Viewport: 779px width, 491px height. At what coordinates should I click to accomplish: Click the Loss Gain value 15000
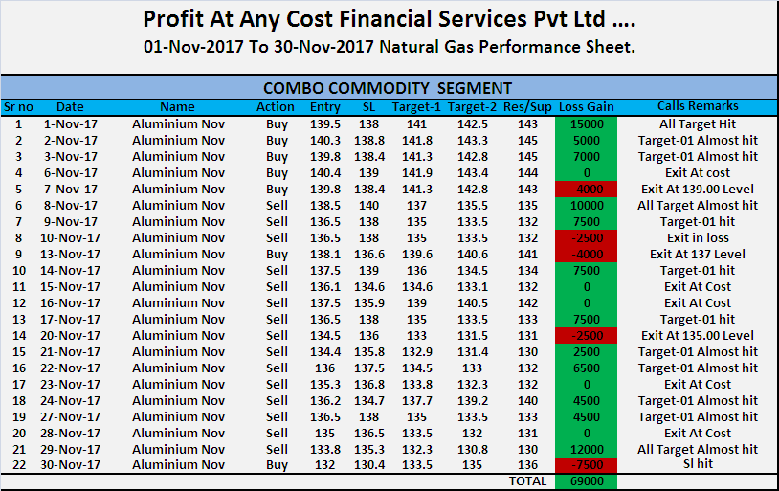(587, 124)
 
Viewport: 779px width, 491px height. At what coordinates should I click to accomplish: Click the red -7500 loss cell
(587, 465)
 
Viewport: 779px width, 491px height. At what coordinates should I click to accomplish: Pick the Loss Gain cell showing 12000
(587, 449)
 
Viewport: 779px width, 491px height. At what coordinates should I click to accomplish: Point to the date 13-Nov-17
(71, 254)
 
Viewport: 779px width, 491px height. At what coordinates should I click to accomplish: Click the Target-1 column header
(416, 107)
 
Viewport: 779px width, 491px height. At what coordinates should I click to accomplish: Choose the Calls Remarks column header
(698, 107)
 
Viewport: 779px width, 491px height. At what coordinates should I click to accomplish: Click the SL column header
(368, 107)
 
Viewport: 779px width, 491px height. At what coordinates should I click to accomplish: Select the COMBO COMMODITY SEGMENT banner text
(388, 88)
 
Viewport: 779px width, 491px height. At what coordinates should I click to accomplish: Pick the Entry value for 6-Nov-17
(325, 173)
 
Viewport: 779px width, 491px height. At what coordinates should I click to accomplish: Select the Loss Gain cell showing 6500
(587, 368)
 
